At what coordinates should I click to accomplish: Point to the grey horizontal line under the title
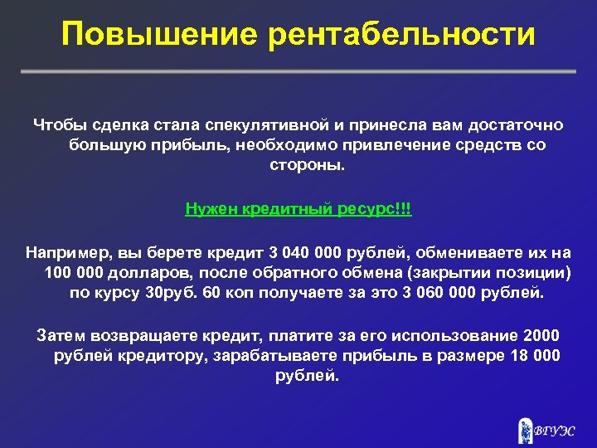point(298,71)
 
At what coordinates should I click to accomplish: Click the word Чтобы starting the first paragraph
point(59,125)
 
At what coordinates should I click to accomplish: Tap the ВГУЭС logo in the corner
point(548,429)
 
